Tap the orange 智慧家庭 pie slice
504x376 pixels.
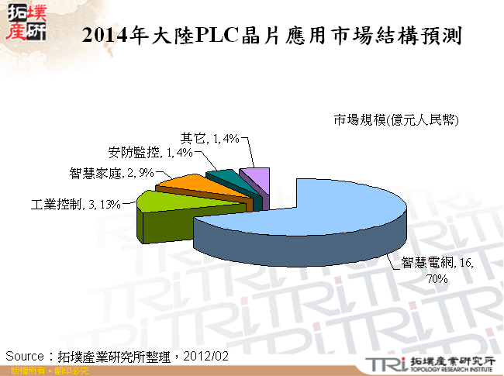pos(186,183)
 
